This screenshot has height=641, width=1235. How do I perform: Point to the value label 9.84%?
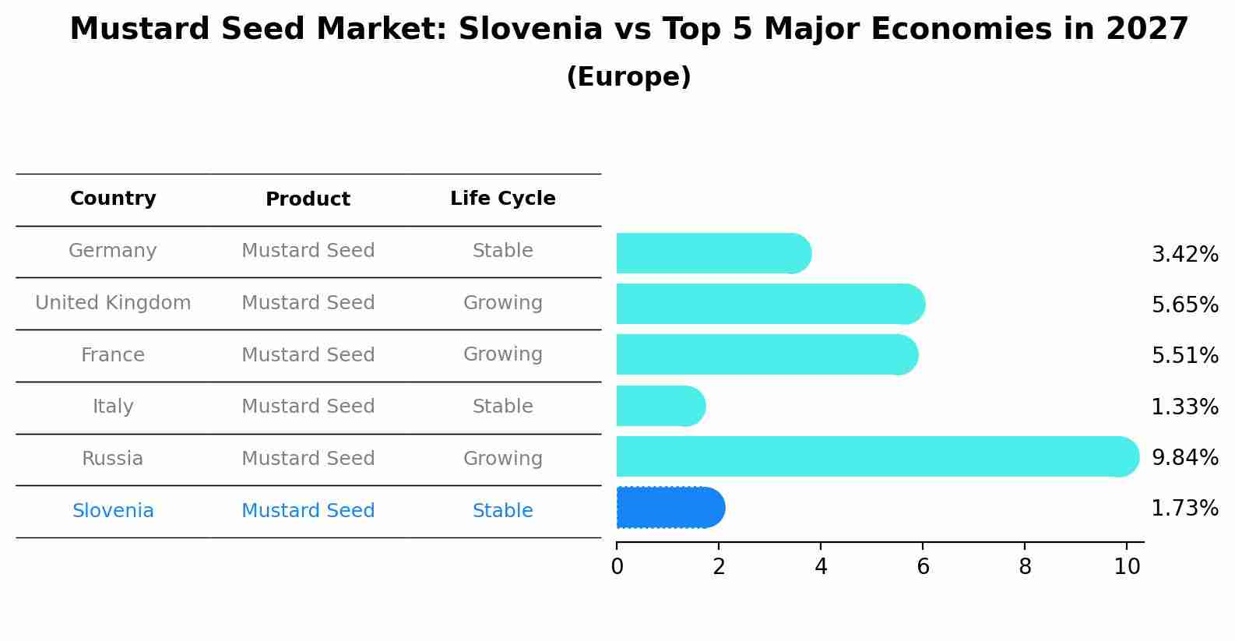[x=1184, y=457]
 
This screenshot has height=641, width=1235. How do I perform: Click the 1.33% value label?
[x=1184, y=407]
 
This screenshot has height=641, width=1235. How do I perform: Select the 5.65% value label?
[x=1184, y=305]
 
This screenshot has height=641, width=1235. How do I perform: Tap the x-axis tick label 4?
[x=821, y=567]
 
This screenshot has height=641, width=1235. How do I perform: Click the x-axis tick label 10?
[x=1127, y=567]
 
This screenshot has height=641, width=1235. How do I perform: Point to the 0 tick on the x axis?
[x=617, y=567]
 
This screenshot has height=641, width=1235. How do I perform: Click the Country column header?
[x=113, y=199]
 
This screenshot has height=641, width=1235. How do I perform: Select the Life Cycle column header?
[x=502, y=199]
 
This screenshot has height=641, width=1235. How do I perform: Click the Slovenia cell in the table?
[x=113, y=511]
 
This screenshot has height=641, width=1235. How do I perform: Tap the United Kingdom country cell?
[x=113, y=303]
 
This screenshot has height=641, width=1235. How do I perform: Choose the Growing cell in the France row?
[x=502, y=354]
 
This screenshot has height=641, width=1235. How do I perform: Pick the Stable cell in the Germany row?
[x=502, y=251]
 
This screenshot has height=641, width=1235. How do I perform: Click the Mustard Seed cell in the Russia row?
[x=308, y=459]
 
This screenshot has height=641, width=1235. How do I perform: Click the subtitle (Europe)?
[x=628, y=77]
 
